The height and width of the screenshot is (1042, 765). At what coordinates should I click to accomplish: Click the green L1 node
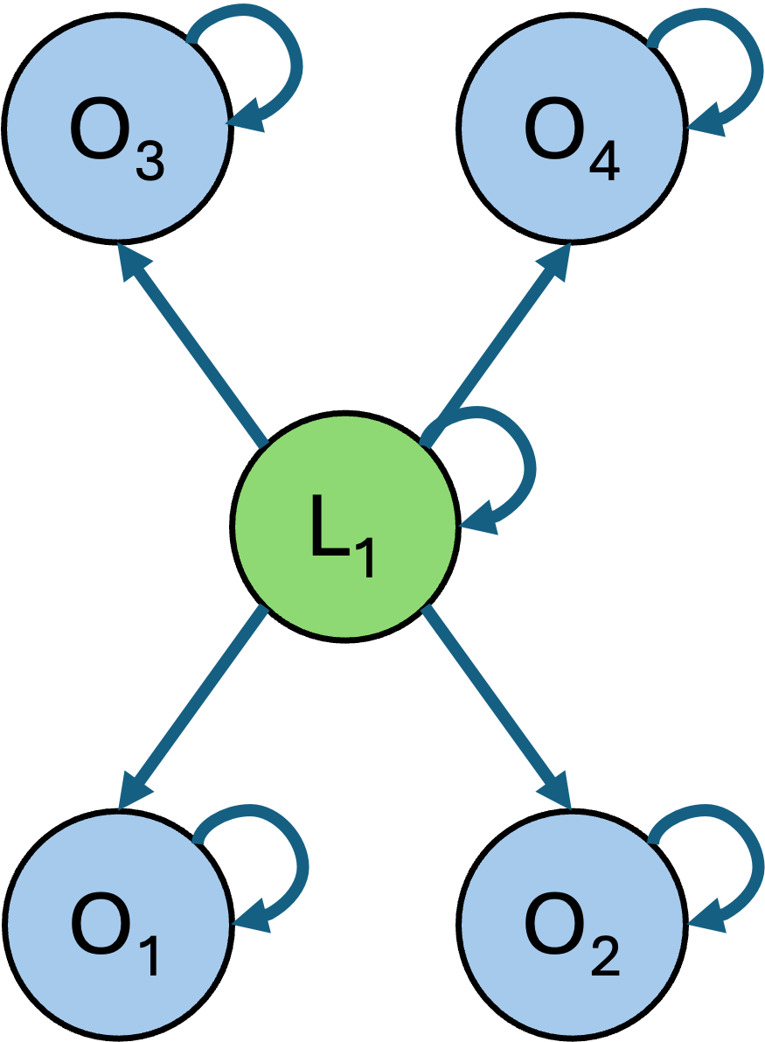tap(345, 525)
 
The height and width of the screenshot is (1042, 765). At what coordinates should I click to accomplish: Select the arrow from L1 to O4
tap(498, 341)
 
